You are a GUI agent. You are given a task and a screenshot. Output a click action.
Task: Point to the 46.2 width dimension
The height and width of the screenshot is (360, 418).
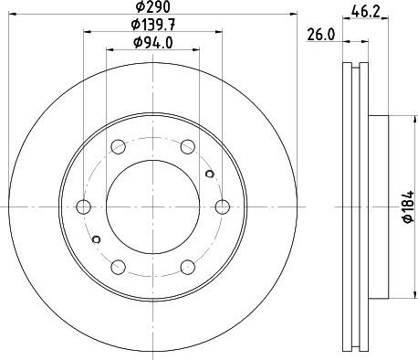[366, 12]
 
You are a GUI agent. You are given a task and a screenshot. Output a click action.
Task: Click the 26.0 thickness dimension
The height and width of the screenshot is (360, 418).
[320, 37]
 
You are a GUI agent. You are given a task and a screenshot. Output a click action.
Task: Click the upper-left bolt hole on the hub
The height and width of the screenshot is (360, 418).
[119, 146]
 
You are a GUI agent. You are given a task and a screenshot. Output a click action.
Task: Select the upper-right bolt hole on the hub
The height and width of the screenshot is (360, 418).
[188, 146]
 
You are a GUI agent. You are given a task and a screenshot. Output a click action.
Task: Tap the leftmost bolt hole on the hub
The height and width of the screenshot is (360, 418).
[84, 206]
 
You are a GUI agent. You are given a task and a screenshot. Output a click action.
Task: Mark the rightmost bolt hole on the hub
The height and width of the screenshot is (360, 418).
[223, 206]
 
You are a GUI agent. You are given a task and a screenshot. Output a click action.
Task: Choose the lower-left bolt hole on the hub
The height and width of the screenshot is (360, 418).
[119, 267]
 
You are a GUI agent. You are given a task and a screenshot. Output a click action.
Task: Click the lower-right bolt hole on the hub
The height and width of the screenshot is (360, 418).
[188, 267]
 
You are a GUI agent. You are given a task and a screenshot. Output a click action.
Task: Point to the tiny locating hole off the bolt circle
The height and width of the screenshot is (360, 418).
[209, 175]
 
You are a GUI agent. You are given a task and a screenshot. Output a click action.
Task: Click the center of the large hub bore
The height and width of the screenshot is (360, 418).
[153, 206]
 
